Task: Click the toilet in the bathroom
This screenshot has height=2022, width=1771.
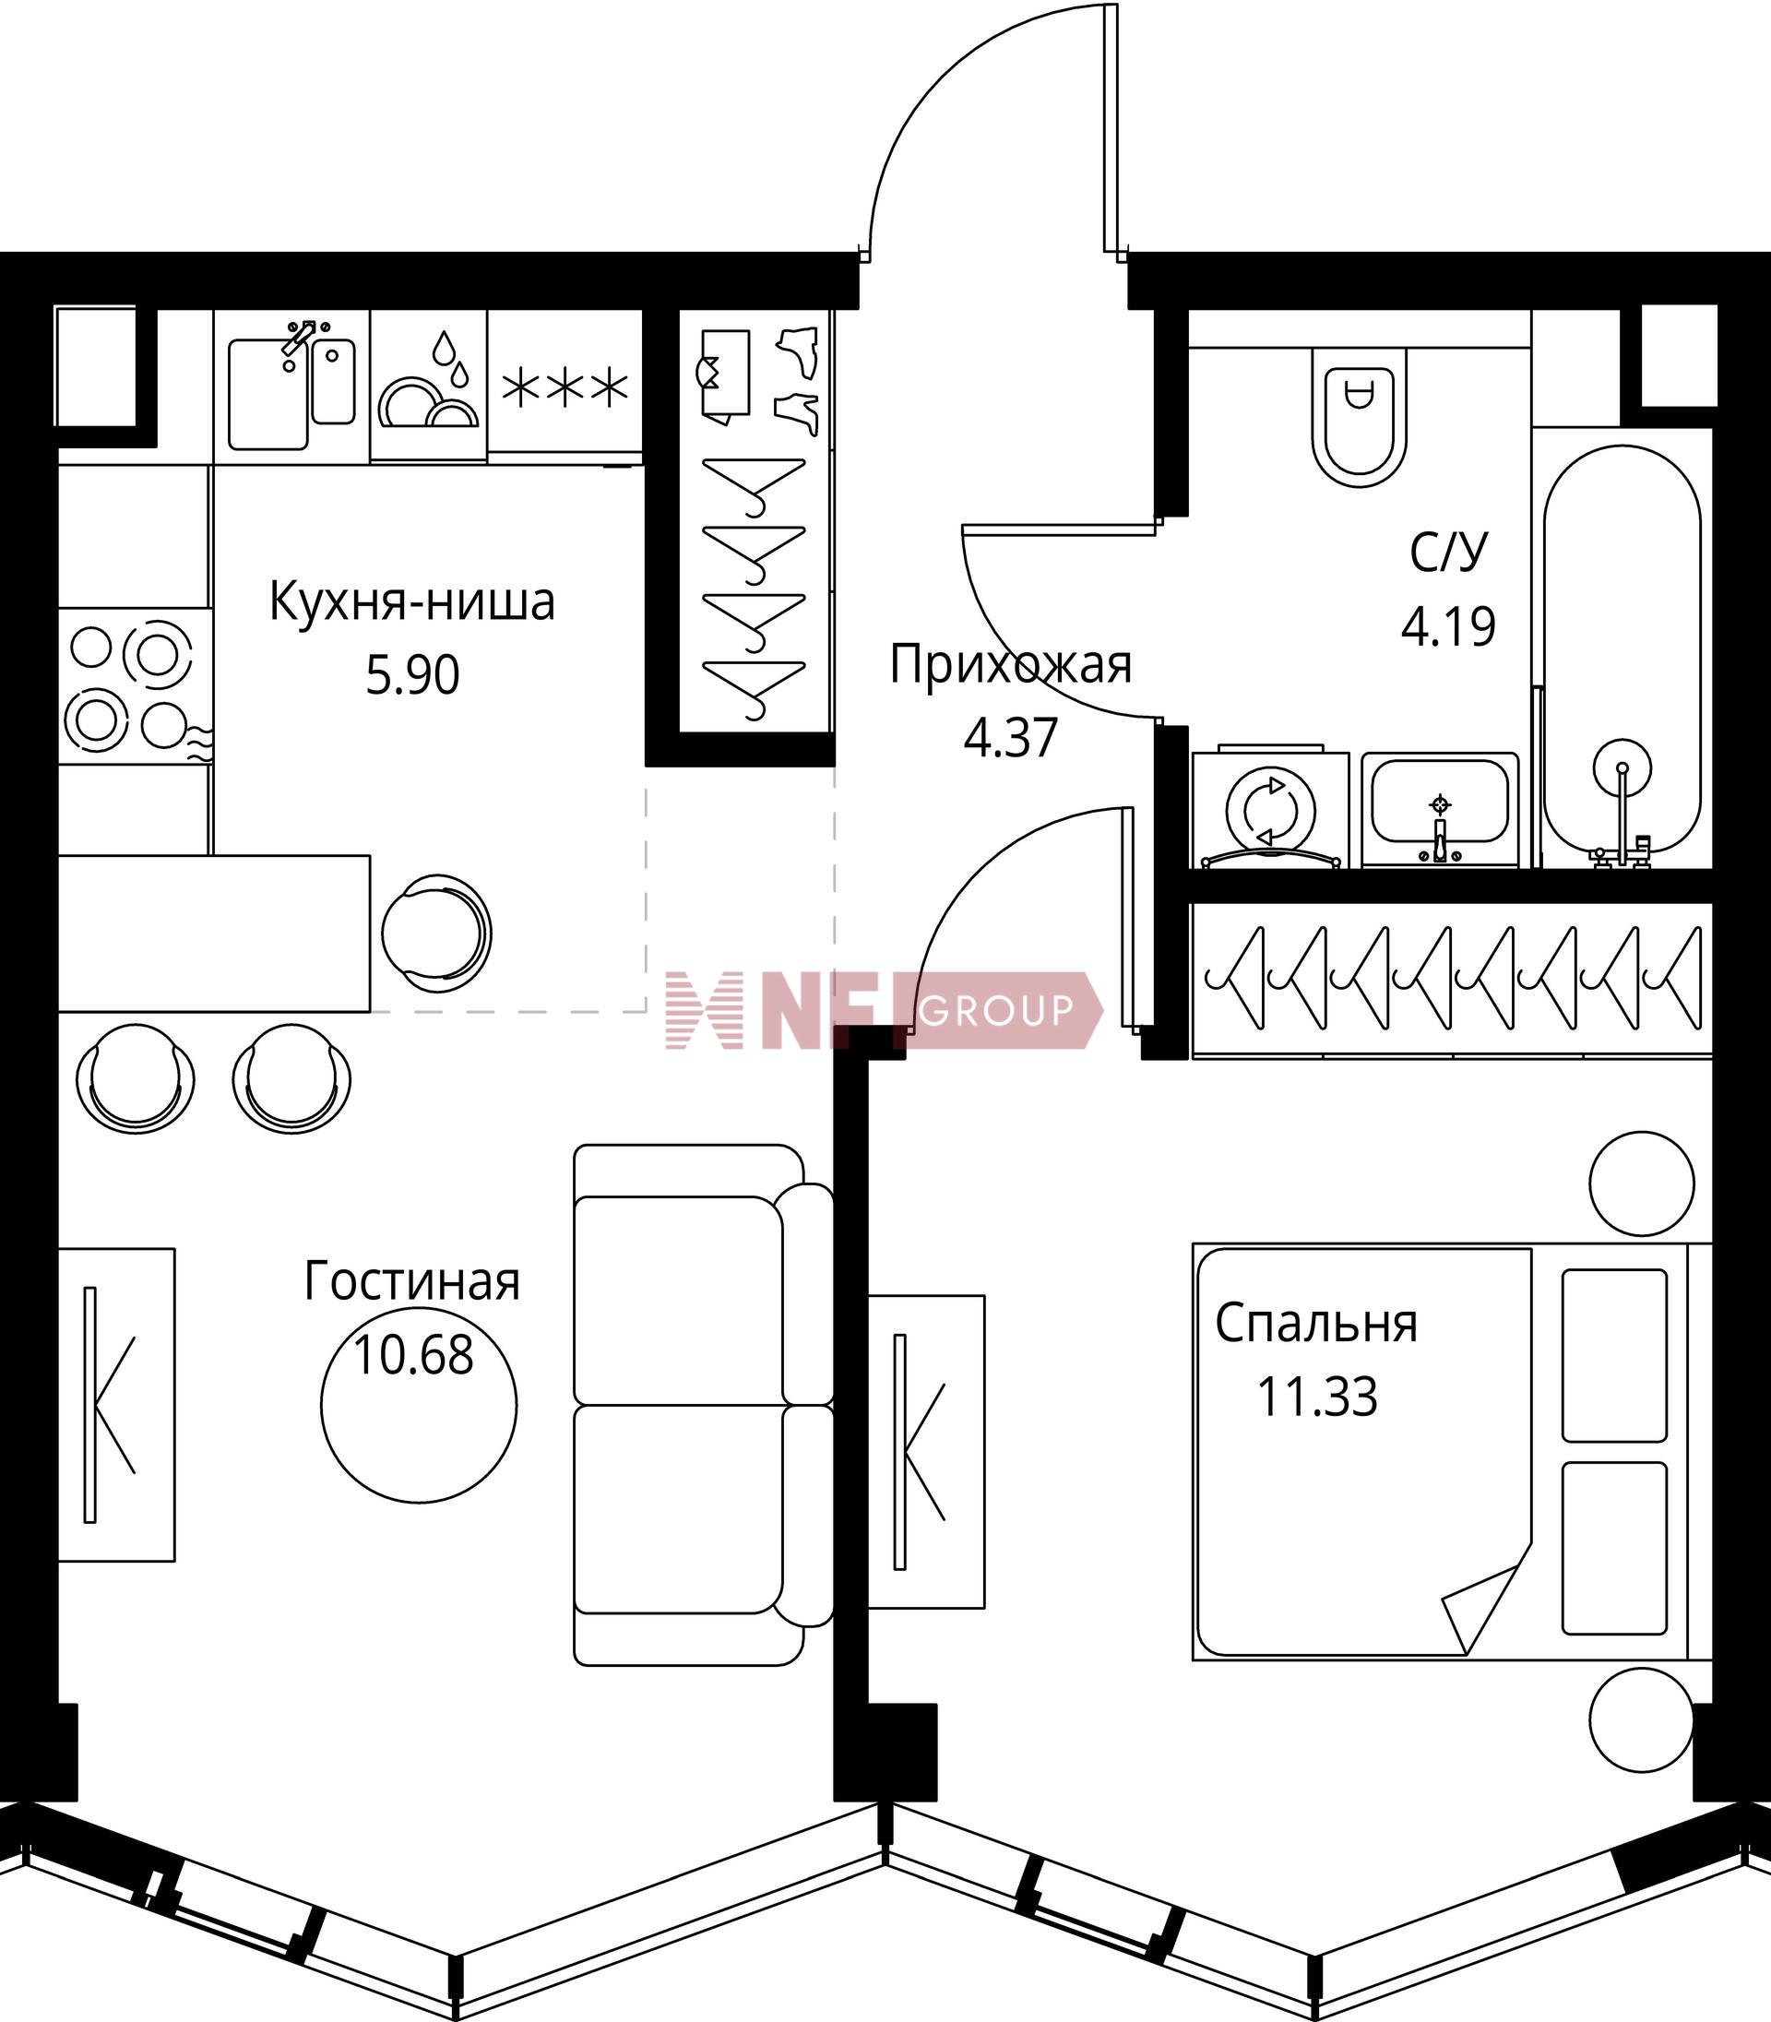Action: tap(1360, 416)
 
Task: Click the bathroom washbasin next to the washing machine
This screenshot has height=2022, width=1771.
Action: tap(1440, 808)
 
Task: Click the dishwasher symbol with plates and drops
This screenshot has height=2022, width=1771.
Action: tap(429, 387)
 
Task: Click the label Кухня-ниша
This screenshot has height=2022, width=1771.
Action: tap(412, 601)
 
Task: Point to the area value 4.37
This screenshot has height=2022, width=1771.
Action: tap(1011, 737)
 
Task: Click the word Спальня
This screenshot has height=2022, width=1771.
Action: tap(1316, 1324)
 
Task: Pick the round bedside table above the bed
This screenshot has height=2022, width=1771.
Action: tap(1643, 1183)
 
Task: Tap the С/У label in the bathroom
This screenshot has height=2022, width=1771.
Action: tap(1448, 554)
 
